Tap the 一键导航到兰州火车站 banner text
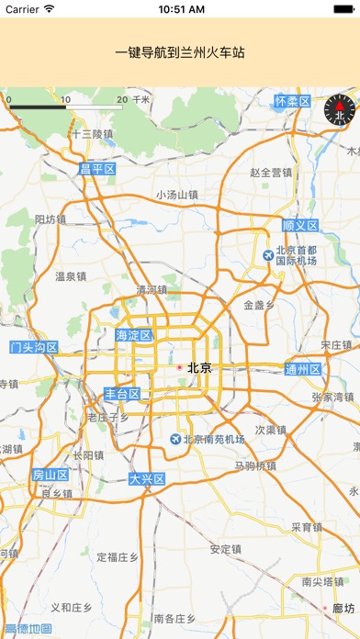coord(180,53)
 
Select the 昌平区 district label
coord(97,169)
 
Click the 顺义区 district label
coord(299,225)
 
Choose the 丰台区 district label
coord(122,394)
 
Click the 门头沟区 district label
coord(34,348)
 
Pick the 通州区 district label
coord(303,370)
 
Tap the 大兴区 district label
coord(146,479)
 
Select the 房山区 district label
coord(51,475)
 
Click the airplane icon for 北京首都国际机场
coord(267,254)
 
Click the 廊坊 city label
coord(343,608)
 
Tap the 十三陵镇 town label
coord(92,134)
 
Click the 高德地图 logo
coord(28,629)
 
